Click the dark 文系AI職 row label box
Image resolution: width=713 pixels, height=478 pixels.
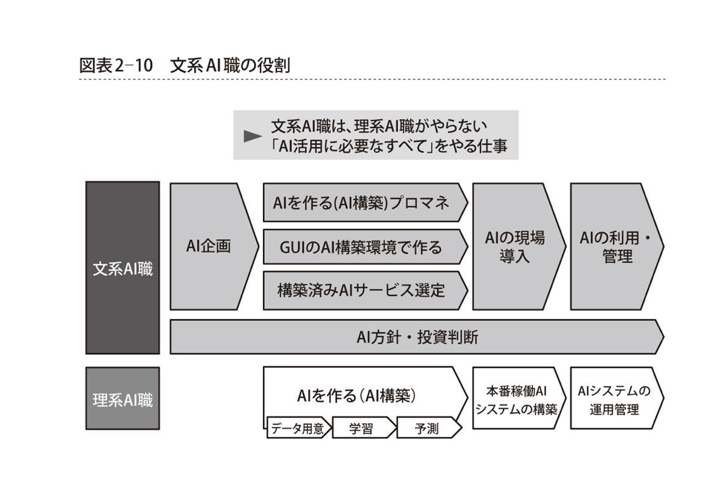click(122, 267)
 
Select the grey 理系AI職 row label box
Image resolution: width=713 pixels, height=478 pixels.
click(122, 399)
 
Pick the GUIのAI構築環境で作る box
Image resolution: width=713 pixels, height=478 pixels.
click(362, 247)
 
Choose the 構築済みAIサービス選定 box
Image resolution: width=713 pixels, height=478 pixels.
click(362, 290)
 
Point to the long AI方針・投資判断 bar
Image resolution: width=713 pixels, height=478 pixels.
click(415, 337)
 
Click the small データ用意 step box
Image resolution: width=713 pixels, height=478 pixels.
click(297, 429)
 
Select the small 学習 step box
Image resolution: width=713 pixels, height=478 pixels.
click(362, 429)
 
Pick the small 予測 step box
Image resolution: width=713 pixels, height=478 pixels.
click(425, 429)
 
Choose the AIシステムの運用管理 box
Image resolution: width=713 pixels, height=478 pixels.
click(613, 399)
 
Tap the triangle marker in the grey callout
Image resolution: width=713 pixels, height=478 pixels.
click(253, 136)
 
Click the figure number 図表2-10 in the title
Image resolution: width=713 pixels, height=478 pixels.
click(115, 65)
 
